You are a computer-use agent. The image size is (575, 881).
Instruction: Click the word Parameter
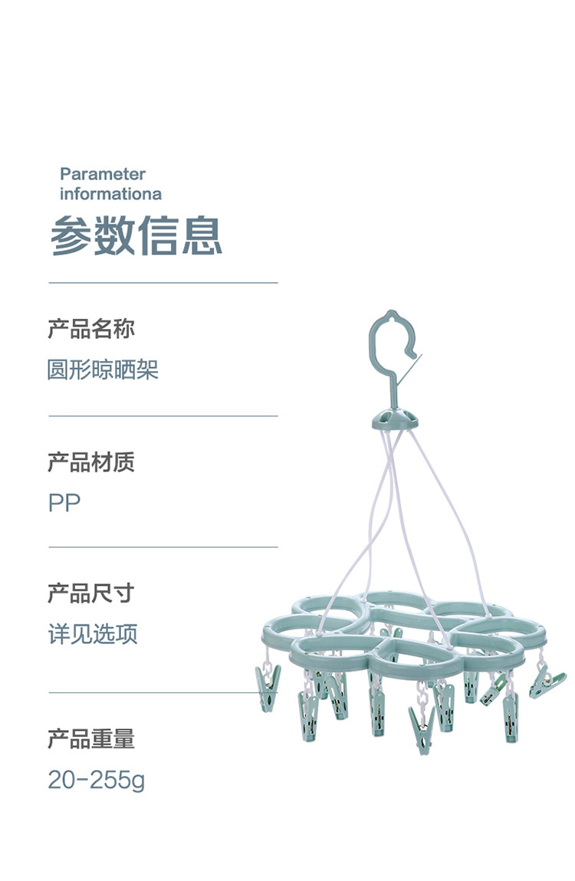(x=103, y=174)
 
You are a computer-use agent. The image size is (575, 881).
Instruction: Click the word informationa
(x=110, y=194)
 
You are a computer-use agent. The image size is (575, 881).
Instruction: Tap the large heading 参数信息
(x=136, y=235)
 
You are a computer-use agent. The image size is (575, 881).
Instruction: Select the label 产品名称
(x=91, y=329)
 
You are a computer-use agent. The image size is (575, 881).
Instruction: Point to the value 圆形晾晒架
(x=103, y=370)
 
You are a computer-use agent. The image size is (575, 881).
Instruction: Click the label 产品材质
(x=91, y=462)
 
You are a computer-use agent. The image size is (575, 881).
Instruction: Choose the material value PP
(x=64, y=503)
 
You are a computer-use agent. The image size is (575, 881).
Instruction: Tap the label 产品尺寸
(x=91, y=593)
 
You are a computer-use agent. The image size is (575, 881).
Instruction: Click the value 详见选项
(x=93, y=634)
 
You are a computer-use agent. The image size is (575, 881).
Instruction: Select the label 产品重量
(x=91, y=738)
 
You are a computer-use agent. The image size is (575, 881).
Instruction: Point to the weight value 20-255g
(x=96, y=781)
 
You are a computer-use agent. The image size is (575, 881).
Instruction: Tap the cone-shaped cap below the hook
(x=396, y=419)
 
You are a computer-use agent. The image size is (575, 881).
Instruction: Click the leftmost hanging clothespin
(x=268, y=686)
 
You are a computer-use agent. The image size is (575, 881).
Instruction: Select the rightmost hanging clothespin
(x=546, y=681)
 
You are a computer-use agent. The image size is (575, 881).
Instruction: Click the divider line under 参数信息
(x=163, y=283)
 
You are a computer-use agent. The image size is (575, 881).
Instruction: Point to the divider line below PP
(x=163, y=547)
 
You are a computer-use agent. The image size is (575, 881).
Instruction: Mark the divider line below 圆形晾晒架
(x=163, y=416)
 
